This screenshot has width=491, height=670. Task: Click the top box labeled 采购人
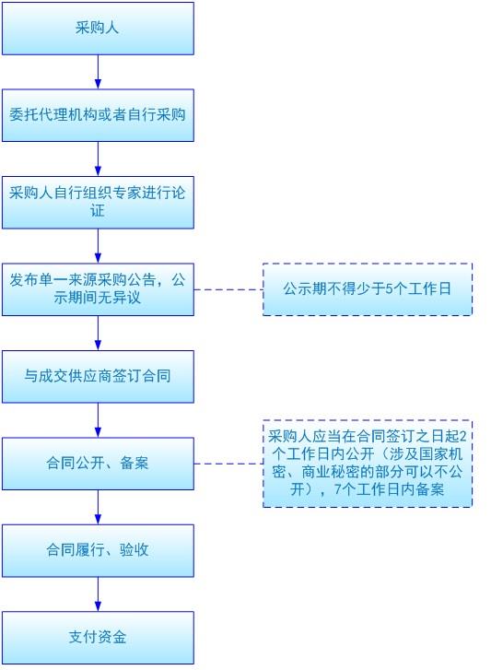98,29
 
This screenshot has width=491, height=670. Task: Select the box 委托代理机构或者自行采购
98,115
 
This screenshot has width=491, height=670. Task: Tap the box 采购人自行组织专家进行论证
98,203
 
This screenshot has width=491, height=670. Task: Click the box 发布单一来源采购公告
98,289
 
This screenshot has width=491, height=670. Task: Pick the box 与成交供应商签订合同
98,376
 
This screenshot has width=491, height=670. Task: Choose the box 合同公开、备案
98,464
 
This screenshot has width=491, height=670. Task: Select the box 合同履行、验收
98,551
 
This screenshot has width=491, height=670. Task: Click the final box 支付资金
98,638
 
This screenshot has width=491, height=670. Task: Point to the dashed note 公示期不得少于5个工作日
368,289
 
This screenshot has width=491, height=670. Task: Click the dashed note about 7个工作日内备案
368,464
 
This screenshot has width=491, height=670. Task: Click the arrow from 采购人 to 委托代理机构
98,72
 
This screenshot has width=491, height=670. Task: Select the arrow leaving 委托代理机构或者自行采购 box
98,159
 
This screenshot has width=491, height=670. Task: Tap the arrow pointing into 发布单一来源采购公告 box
98,246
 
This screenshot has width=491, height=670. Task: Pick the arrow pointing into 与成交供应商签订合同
98,334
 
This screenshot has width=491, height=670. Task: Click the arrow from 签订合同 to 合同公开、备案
98,420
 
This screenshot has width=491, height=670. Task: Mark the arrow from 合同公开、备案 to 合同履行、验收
98,507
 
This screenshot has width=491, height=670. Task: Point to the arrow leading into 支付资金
98,594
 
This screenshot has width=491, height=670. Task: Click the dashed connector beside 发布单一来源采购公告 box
228,289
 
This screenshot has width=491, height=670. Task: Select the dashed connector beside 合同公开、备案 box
228,464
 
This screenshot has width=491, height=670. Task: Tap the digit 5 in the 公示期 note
389,289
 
